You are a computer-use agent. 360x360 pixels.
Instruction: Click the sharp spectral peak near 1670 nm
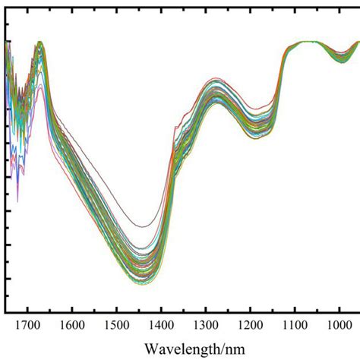[39, 43]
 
